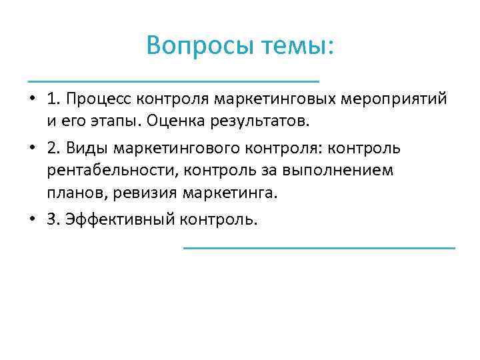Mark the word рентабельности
[111, 170]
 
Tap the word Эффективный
[119, 218]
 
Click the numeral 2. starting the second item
[54, 147]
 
